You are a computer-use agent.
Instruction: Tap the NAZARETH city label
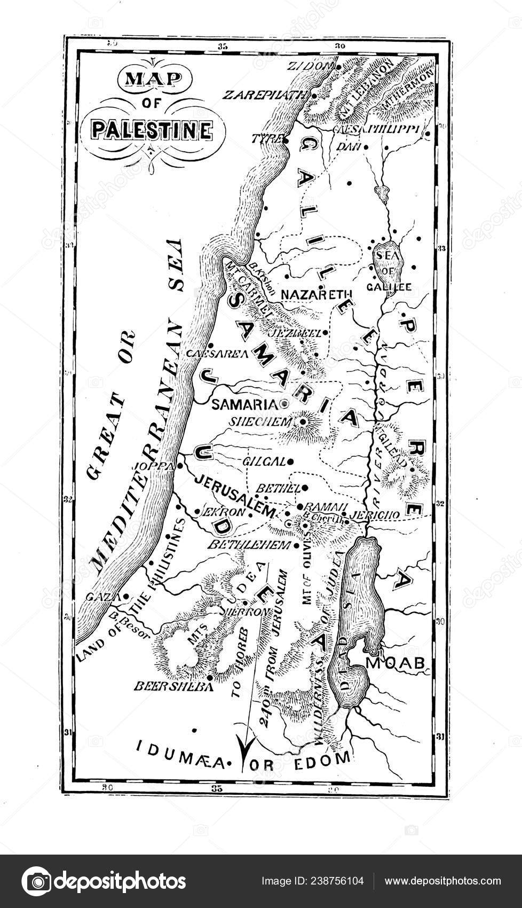(317, 294)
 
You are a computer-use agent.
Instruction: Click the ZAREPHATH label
(266, 95)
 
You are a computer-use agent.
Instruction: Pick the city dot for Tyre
(286, 140)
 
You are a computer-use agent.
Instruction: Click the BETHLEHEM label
(248, 545)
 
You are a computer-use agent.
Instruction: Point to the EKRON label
(224, 511)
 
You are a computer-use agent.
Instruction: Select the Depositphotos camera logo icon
(37, 881)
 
